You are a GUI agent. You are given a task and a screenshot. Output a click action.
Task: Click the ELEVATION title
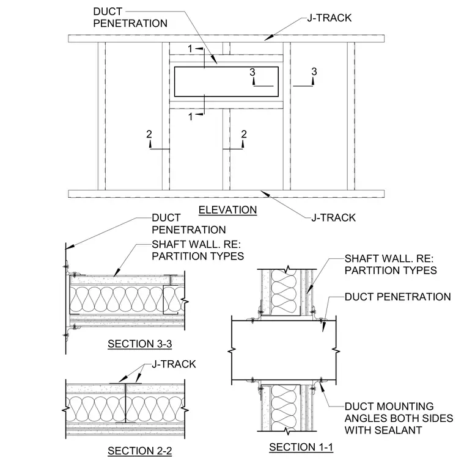click(227, 210)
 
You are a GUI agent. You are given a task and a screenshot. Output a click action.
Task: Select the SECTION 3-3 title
click(140, 344)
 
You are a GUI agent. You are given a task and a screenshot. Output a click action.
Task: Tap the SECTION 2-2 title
click(140, 451)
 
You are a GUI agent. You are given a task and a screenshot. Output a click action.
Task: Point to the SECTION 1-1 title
click(301, 447)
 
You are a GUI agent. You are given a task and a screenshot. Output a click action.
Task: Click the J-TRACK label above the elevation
click(329, 18)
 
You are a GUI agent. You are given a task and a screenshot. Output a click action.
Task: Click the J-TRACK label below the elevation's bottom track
click(333, 218)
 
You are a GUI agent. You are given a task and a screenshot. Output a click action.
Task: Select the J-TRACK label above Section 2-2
click(174, 364)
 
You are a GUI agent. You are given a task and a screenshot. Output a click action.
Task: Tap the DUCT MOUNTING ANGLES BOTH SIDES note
click(399, 418)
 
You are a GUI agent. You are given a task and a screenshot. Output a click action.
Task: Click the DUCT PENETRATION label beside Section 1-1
click(397, 297)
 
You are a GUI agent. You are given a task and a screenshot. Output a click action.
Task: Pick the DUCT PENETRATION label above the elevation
click(130, 18)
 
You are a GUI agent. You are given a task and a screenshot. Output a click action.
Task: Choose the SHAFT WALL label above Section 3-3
click(197, 250)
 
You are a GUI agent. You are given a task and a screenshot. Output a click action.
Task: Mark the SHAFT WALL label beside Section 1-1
click(391, 264)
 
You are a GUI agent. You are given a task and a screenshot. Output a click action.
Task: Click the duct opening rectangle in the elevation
click(226, 67)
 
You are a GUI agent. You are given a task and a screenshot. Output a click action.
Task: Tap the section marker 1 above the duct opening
click(190, 49)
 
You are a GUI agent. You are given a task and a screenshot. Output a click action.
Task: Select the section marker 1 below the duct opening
click(191, 117)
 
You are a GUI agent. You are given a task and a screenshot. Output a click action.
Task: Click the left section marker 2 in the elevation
click(149, 134)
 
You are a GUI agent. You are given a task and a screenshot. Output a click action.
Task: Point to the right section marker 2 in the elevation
click(244, 134)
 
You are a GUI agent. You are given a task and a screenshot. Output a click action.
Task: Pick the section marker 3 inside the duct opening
click(252, 72)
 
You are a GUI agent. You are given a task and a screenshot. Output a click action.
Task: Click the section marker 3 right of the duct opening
click(314, 71)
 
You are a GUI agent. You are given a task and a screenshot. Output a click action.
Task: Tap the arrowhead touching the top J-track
click(269, 38)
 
